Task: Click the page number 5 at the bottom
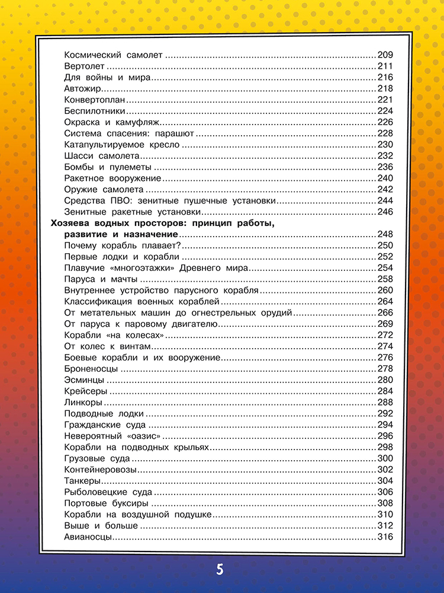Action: tap(220, 570)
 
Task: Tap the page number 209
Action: tap(385, 55)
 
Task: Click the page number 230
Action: tap(385, 144)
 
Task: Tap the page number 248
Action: tap(385, 235)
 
